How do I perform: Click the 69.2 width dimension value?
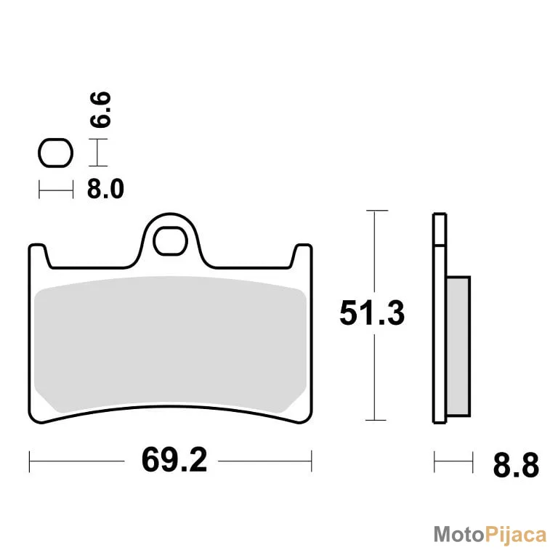174,460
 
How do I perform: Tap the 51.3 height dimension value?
372,313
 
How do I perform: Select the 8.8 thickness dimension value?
516,465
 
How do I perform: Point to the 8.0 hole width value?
105,189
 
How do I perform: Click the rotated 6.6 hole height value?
100,109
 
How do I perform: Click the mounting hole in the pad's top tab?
170,241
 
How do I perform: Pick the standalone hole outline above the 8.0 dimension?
55,153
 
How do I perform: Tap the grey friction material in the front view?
170,344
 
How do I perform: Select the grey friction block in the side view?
458,347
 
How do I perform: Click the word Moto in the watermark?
459,535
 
